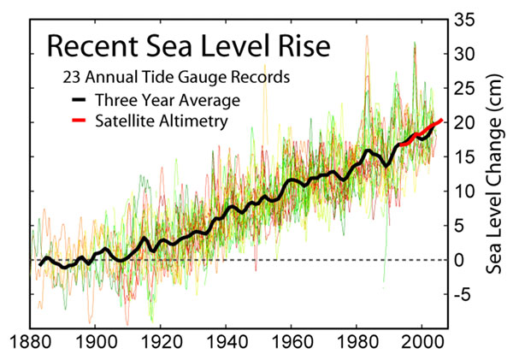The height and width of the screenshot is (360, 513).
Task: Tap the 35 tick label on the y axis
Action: (x=464, y=18)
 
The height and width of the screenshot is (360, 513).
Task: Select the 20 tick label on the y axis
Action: (x=464, y=122)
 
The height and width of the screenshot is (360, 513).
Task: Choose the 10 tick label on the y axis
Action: (x=464, y=192)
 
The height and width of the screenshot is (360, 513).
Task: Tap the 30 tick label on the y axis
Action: (x=464, y=53)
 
